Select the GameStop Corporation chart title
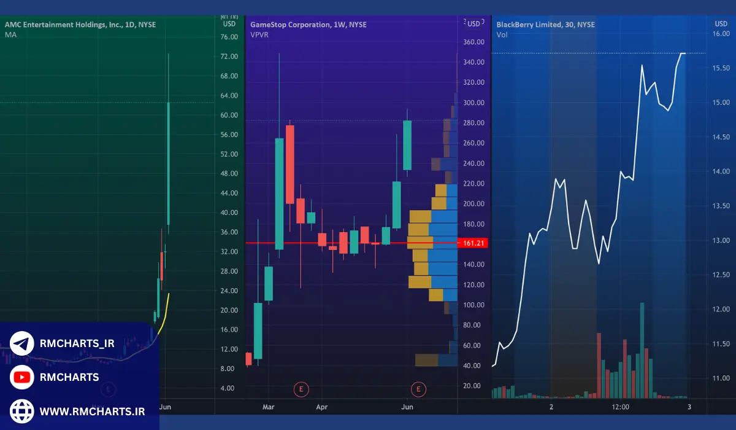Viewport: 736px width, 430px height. [308, 25]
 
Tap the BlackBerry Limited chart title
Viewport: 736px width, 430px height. [545, 25]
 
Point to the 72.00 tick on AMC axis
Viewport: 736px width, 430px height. [229, 57]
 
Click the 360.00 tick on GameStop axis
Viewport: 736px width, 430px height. [473, 42]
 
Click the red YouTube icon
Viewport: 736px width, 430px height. [22, 377]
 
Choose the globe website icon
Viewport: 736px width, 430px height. [22, 411]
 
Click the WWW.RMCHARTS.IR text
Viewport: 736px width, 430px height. [92, 411]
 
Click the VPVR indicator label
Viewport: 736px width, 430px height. [259, 34]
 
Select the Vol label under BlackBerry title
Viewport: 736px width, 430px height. [502, 34]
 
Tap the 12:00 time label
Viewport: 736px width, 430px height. [620, 407]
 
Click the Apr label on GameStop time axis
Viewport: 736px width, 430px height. [322, 407]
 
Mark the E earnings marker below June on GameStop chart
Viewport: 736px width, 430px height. [419, 388]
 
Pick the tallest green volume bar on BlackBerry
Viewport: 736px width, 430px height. [642, 350]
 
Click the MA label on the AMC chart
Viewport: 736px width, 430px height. [10, 34]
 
